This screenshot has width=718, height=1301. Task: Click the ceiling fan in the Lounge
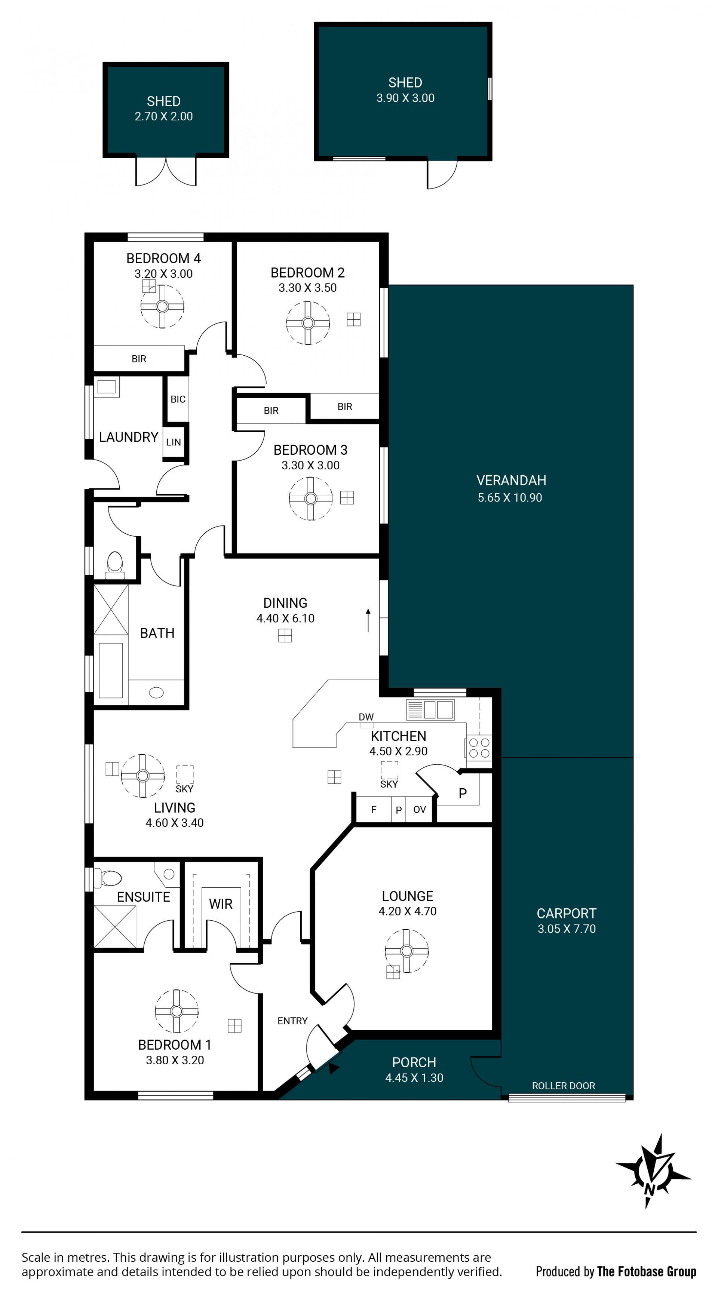[406, 951]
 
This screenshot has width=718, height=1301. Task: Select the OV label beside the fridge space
[420, 810]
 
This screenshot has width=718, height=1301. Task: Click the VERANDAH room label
[511, 480]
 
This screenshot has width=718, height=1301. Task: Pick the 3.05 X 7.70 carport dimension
[567, 929]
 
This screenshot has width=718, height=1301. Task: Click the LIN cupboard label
[173, 442]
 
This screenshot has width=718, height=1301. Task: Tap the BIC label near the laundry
[178, 399]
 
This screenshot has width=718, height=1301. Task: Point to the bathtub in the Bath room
[111, 670]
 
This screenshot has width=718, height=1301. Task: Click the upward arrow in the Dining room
[368, 620]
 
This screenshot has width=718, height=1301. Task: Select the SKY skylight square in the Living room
[185, 774]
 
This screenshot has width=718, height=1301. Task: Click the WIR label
[221, 903]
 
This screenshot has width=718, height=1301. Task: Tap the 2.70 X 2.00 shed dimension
[163, 116]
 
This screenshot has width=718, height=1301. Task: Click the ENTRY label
[292, 1021]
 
